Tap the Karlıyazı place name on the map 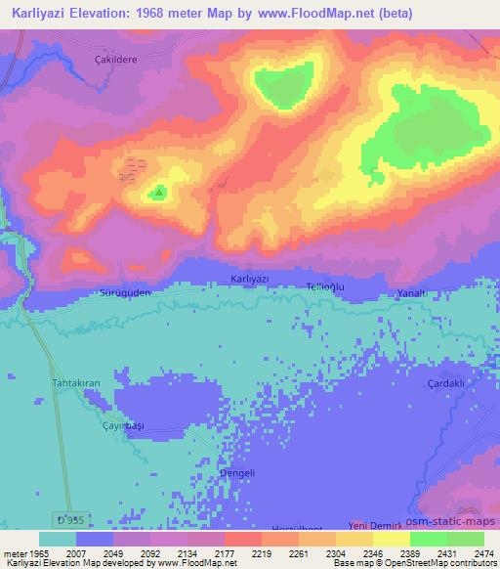coord(249,279)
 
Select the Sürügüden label coord(124,291)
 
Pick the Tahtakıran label coord(76,383)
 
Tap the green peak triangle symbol coord(158,194)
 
